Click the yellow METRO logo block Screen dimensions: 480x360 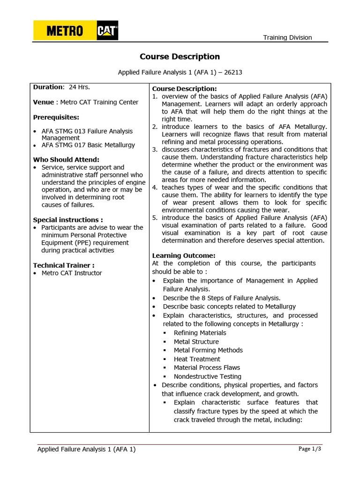65,31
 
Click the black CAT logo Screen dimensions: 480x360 107,31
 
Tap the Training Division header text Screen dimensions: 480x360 287,37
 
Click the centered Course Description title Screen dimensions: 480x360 180,57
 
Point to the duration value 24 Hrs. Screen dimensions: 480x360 79,87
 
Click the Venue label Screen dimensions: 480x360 44,102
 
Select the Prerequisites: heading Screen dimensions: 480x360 56,117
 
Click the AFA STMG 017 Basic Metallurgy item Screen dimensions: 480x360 88,145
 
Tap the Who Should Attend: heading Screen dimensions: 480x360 66,159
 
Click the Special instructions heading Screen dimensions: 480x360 68,219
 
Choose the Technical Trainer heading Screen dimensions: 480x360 64,265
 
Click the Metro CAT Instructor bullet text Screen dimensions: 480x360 72,273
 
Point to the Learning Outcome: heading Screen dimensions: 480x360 184,255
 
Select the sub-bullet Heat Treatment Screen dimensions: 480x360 197,359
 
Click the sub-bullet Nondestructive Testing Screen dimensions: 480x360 207,376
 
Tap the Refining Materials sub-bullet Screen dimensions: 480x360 200,333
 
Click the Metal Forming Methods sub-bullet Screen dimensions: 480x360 208,350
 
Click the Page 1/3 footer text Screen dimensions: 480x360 309,449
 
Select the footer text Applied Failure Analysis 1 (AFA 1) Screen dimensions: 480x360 86,449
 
